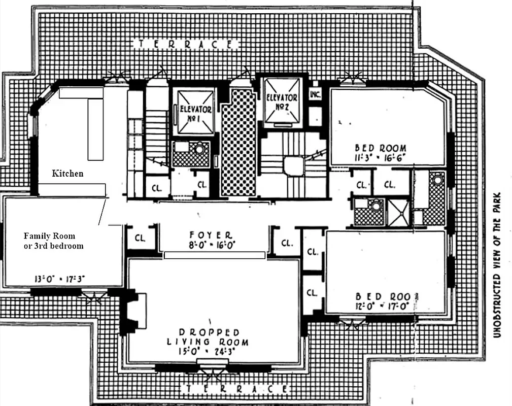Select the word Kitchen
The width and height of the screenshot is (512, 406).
point(67,174)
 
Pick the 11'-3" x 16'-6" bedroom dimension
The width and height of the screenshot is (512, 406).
point(380,157)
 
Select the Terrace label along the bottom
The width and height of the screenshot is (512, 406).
point(235,389)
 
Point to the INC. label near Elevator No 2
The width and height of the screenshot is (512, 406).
point(315,94)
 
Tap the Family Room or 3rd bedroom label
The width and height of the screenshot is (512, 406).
point(54,241)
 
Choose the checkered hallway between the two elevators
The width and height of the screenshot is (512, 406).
point(238,143)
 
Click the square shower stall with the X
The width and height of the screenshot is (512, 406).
point(397,213)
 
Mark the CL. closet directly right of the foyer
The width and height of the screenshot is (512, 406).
point(287,242)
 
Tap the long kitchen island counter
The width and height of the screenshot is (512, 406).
point(95,129)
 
